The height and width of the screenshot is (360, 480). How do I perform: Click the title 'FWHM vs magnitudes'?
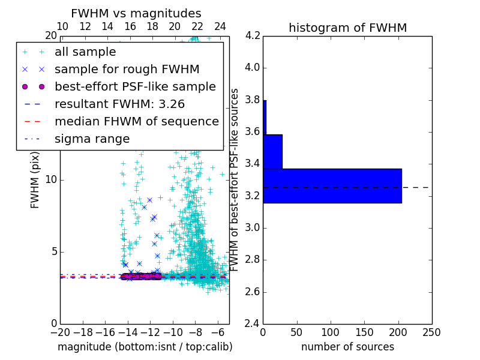pos(136,13)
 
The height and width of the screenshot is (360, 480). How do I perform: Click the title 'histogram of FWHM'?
pos(347,28)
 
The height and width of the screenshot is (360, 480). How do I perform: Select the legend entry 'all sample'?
pos(85,52)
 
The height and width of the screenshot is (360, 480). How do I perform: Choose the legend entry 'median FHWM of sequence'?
pos(136,121)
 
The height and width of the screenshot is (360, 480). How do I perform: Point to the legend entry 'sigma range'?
pos(92,139)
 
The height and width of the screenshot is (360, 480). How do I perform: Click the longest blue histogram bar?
pos(332,186)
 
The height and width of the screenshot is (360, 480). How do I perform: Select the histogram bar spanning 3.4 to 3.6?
pos(272,152)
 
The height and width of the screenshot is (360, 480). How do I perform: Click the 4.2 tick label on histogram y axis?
pos(253,35)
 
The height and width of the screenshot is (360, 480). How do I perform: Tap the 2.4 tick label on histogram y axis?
pos(253,324)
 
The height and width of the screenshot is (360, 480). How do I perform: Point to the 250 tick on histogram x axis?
pos(431,332)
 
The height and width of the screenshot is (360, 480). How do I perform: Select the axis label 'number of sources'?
pos(347,347)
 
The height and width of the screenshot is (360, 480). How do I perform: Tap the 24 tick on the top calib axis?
pos(220,26)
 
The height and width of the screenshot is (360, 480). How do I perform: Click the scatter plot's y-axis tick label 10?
pos(51,179)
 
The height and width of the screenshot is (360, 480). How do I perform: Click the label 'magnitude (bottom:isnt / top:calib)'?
pos(145,347)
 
